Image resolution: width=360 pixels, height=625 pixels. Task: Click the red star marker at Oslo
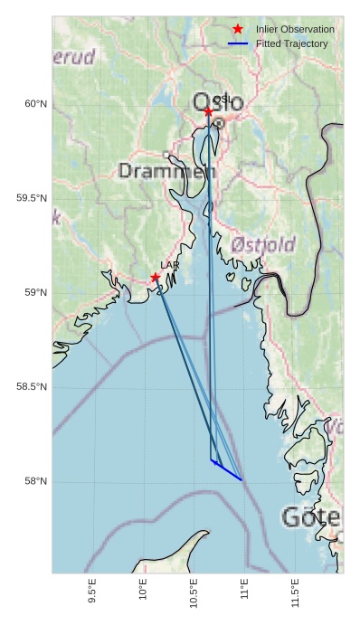click(x=208, y=112)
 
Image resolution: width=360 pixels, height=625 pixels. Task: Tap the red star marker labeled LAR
click(x=156, y=278)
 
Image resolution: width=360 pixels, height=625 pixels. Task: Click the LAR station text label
click(x=169, y=265)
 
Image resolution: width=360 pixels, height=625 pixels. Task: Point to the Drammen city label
click(x=167, y=171)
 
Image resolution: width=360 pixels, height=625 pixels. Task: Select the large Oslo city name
click(x=218, y=103)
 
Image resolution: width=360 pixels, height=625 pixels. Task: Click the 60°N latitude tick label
click(x=35, y=104)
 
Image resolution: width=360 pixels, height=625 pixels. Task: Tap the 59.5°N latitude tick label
click(x=32, y=198)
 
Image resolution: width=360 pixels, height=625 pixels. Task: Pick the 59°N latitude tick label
click(x=35, y=292)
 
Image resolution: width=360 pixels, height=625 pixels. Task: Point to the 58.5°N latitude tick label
click(x=32, y=387)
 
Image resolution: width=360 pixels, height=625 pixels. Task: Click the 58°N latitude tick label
click(x=35, y=481)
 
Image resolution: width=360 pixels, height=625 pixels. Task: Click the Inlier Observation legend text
click(x=295, y=30)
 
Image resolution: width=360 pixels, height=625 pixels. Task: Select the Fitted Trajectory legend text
click(x=291, y=44)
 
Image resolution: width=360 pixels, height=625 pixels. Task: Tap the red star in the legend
click(x=238, y=30)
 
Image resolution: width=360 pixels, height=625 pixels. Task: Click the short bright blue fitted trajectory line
click(x=227, y=470)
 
